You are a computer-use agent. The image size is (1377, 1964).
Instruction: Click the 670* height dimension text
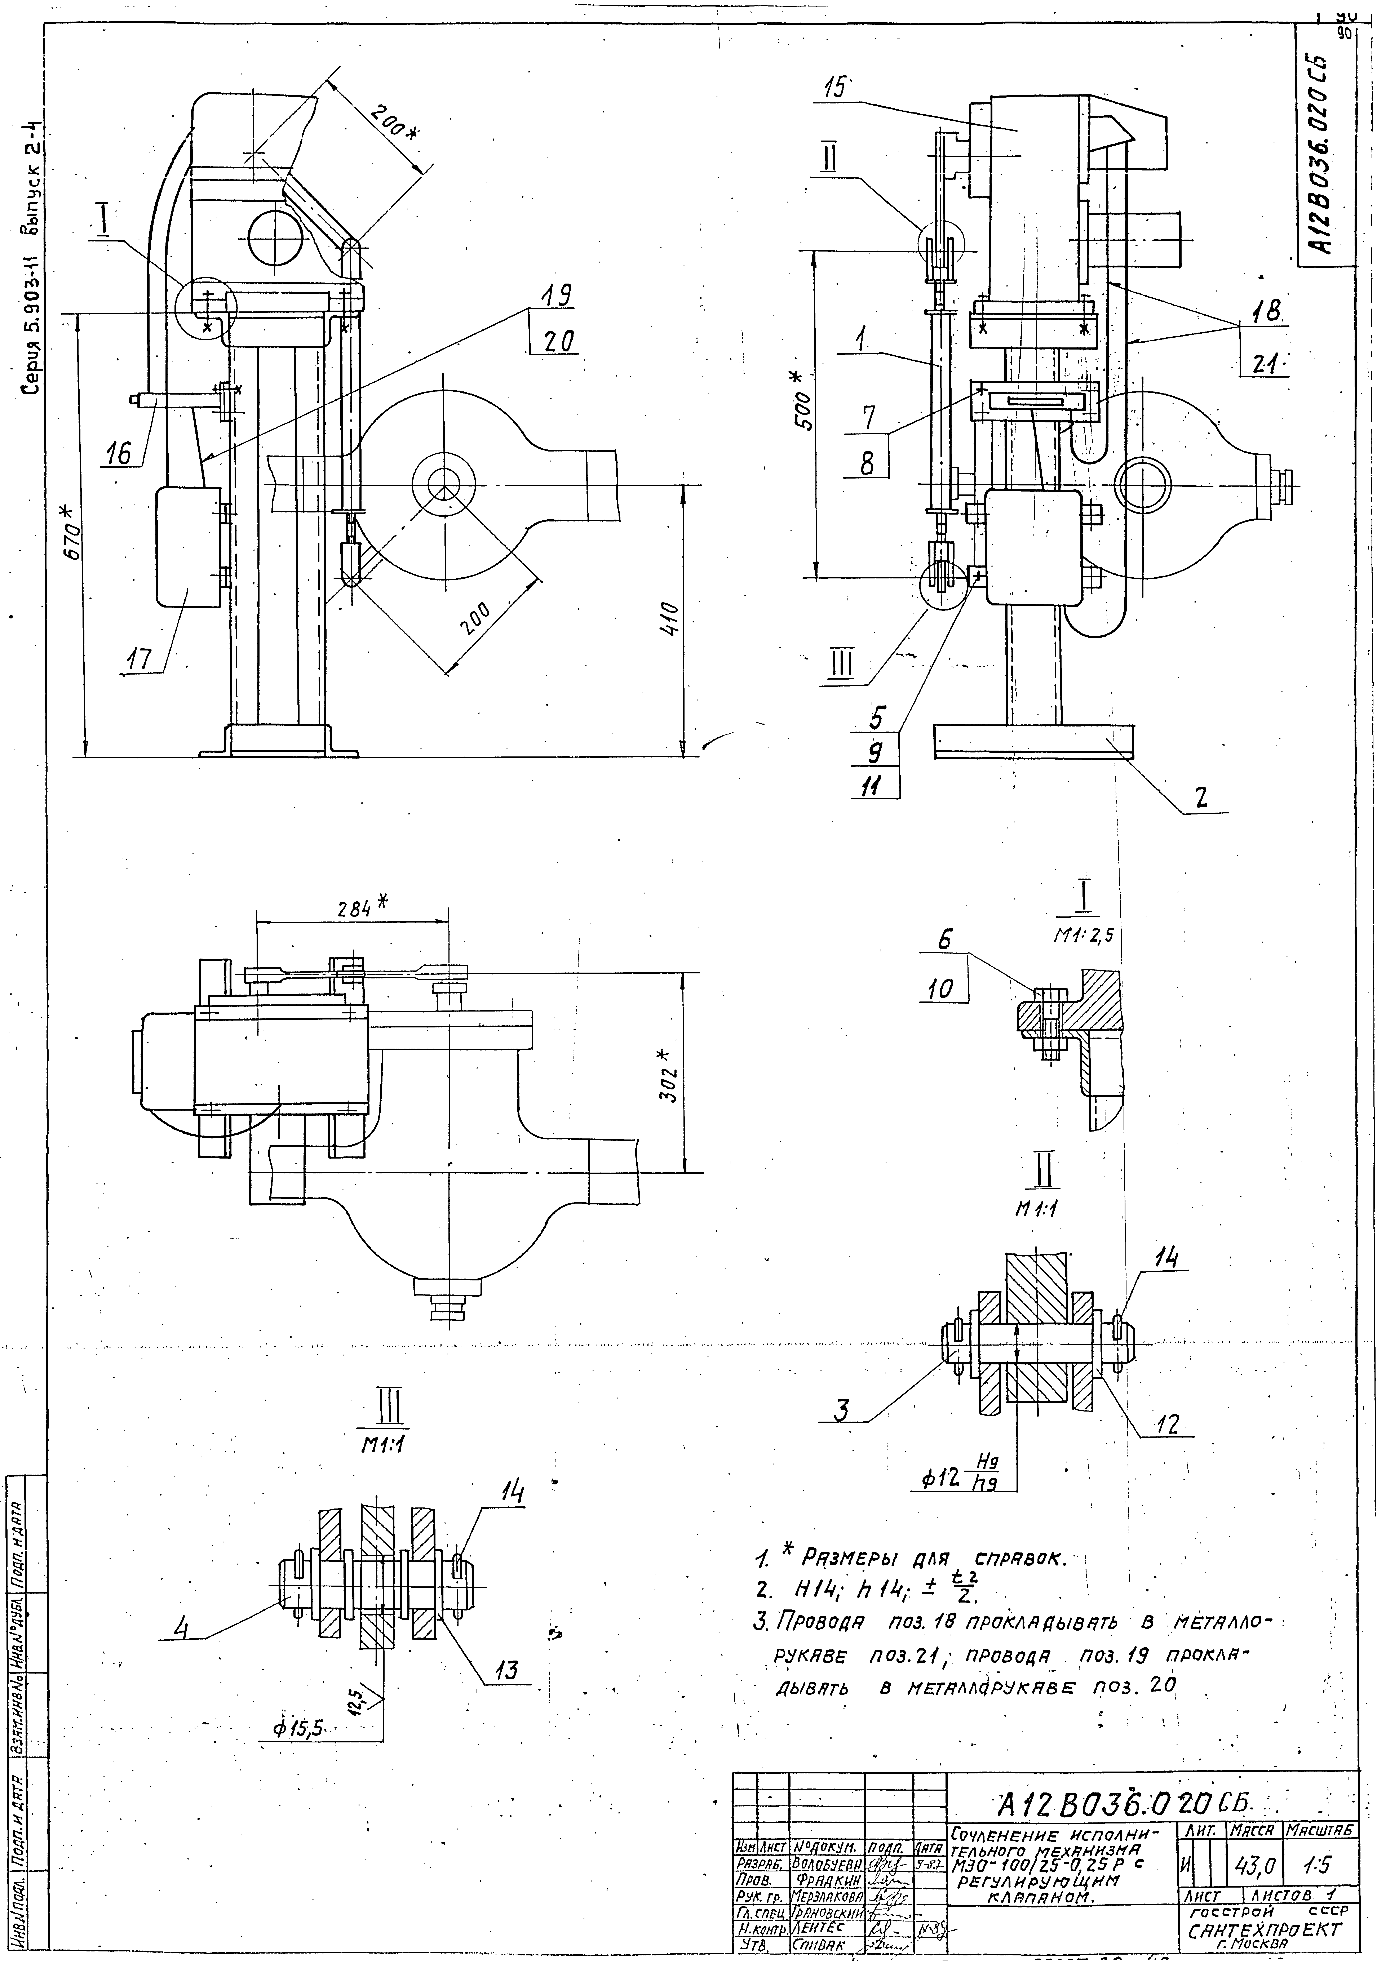click(74, 532)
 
